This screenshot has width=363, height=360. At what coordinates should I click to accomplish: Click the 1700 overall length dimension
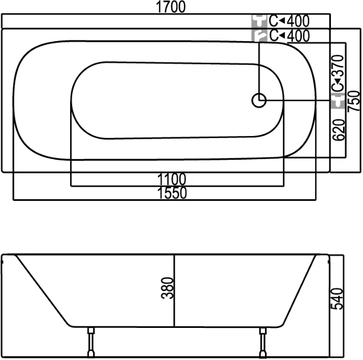[171, 7]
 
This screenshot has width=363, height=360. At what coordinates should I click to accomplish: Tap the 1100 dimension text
[172, 179]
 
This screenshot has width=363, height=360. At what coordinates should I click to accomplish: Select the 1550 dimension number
[172, 193]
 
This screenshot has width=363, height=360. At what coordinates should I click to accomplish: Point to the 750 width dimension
[354, 101]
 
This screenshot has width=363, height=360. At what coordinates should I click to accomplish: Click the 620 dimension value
[339, 130]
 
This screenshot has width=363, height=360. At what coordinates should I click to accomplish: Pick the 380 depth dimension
[167, 288]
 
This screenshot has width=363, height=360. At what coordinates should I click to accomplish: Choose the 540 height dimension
[337, 299]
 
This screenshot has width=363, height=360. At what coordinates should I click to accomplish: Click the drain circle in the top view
[259, 100]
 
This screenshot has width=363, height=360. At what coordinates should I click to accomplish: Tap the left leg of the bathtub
[91, 342]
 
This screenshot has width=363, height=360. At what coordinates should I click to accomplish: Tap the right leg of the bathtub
[263, 342]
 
